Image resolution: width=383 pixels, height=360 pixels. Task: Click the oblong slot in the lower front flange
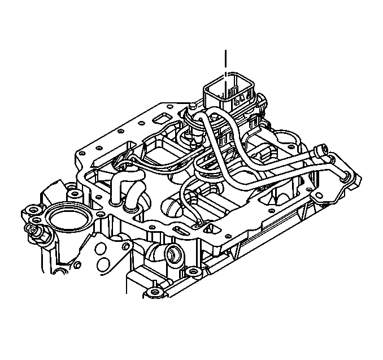click(x=183, y=232)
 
